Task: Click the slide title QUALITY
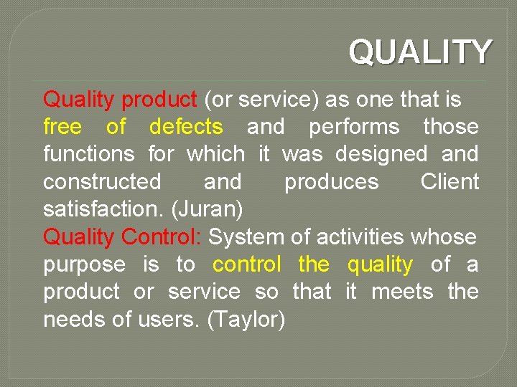(420, 52)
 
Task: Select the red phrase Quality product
(120, 100)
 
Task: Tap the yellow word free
(62, 127)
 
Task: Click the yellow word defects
(186, 127)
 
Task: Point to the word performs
(354, 127)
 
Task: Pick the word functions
(89, 154)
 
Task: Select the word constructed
(102, 182)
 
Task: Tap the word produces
(331, 182)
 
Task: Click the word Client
(450, 182)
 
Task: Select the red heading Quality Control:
(123, 236)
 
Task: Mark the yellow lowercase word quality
(380, 264)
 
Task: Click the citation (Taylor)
(246, 319)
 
